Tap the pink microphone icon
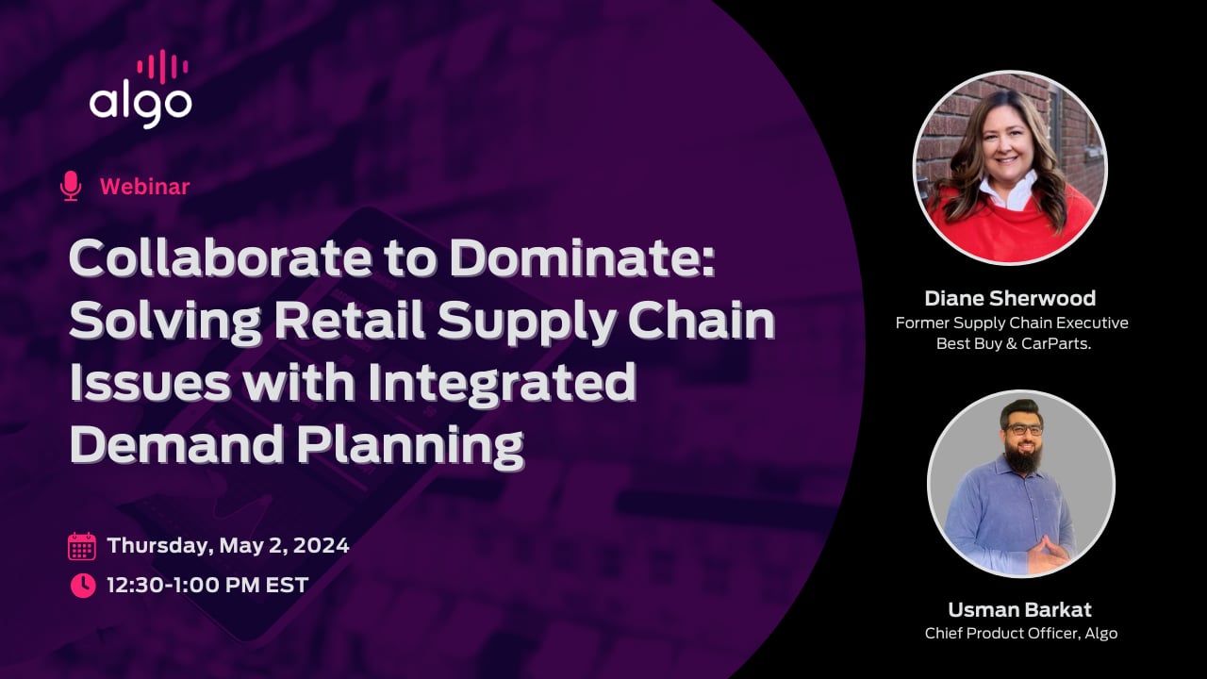click(71, 186)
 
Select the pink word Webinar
click(145, 187)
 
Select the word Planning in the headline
click(410, 447)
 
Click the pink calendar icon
click(82, 546)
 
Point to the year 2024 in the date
click(322, 545)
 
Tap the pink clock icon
click(83, 586)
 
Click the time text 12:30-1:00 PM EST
click(207, 585)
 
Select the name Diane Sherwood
click(1010, 298)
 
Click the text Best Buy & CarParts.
click(1014, 343)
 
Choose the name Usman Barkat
click(1020, 609)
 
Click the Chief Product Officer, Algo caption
click(1021, 633)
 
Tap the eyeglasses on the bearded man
click(1023, 429)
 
